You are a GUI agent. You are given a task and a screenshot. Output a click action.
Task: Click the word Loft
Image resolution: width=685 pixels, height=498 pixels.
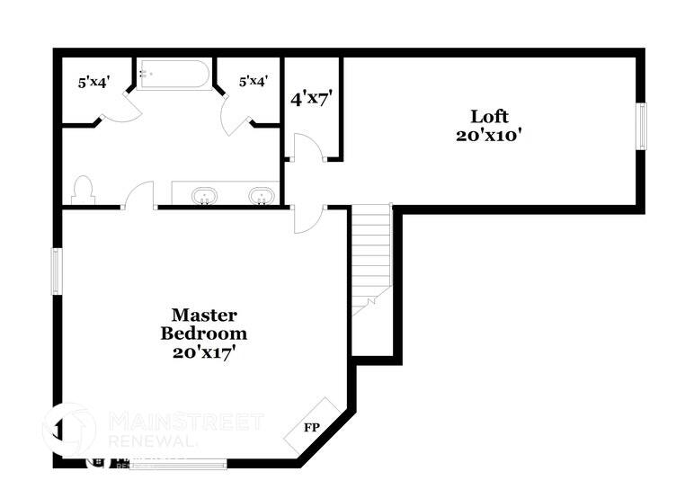[489, 116]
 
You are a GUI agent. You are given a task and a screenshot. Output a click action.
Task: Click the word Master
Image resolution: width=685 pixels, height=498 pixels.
[204, 315]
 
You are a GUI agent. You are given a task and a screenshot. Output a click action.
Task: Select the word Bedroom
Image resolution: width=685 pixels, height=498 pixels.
[204, 333]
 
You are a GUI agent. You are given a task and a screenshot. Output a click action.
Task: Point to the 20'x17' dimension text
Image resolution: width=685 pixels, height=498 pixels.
[204, 352]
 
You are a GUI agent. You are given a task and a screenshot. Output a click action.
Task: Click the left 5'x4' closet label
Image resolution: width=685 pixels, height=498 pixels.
[93, 82]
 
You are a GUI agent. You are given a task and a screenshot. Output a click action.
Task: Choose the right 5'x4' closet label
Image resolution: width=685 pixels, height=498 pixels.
[253, 82]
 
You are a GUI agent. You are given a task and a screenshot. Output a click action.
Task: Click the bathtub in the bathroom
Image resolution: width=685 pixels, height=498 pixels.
[174, 75]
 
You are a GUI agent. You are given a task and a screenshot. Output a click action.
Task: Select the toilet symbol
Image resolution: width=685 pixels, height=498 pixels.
[82, 190]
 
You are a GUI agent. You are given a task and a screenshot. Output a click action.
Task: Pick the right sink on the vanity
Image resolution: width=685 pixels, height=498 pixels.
[262, 195]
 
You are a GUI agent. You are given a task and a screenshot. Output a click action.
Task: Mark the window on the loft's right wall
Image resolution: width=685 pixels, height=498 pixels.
[642, 126]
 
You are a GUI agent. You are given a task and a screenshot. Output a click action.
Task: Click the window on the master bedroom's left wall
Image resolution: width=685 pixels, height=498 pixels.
[56, 271]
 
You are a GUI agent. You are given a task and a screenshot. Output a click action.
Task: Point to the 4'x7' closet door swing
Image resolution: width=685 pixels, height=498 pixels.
[304, 148]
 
